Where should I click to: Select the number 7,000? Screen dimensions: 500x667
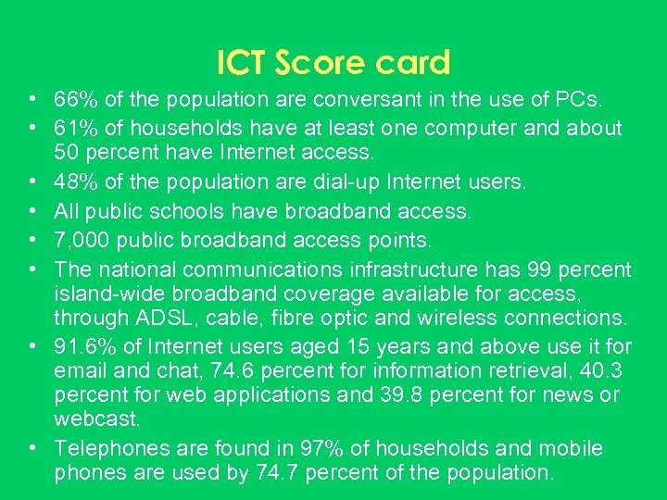click(83, 241)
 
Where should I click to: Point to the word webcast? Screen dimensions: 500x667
click(95, 419)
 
